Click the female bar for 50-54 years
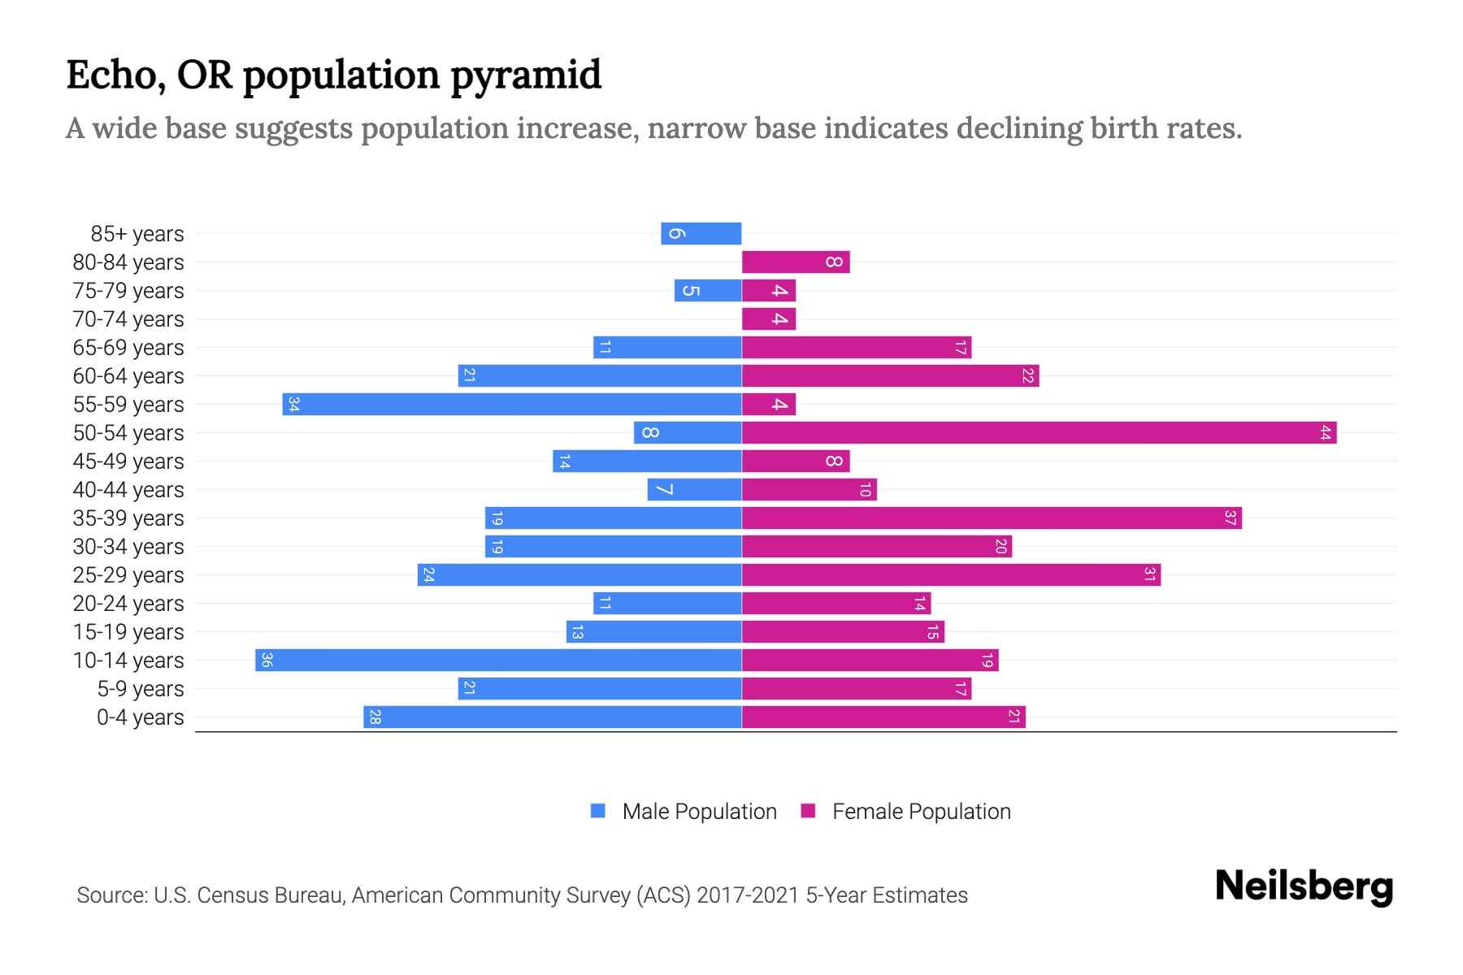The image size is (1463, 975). pyautogui.click(x=1039, y=433)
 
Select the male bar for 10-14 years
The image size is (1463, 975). pyautogui.click(x=498, y=661)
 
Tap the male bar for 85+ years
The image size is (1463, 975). pyautogui.click(x=701, y=234)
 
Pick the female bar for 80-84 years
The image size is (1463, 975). pyautogui.click(x=796, y=262)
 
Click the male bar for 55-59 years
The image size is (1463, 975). pyautogui.click(x=512, y=405)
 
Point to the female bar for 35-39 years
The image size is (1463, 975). pyautogui.click(x=992, y=518)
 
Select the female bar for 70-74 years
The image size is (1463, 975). pyautogui.click(x=769, y=319)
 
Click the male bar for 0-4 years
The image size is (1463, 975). pyautogui.click(x=553, y=717)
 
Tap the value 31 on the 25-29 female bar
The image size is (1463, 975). pyautogui.click(x=1149, y=575)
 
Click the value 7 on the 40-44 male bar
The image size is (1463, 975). pyautogui.click(x=664, y=490)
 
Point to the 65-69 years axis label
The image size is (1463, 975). pyautogui.click(x=128, y=348)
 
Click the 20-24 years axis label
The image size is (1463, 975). pyautogui.click(x=128, y=604)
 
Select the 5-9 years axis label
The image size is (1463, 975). pyautogui.click(x=141, y=689)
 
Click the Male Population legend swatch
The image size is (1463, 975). pyautogui.click(x=598, y=811)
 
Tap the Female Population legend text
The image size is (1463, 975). pyautogui.click(x=921, y=812)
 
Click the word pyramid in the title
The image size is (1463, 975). pyautogui.click(x=525, y=76)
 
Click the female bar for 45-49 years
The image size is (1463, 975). pyautogui.click(x=796, y=461)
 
